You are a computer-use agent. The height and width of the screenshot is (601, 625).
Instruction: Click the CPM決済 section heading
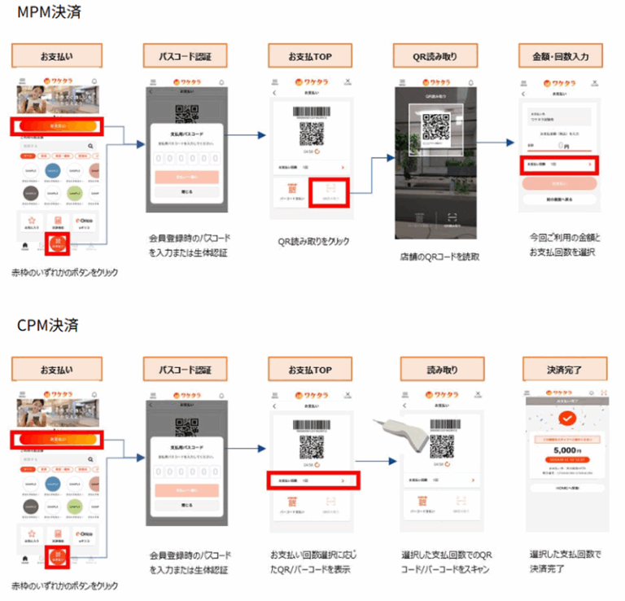pos(48,325)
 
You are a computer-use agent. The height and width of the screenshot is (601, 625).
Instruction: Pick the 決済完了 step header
pos(563,370)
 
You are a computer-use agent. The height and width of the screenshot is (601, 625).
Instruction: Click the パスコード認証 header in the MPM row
pos(184,56)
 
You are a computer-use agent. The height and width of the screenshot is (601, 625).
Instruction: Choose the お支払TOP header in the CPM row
pos(311,370)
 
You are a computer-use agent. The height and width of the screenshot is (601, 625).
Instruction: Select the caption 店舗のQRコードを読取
pos(440,256)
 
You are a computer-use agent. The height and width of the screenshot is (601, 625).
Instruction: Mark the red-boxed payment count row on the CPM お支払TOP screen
pos(311,481)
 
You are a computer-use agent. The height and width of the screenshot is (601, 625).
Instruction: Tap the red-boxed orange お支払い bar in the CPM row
pos(58,439)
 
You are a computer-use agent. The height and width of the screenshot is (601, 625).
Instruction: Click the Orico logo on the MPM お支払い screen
pos(85,221)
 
